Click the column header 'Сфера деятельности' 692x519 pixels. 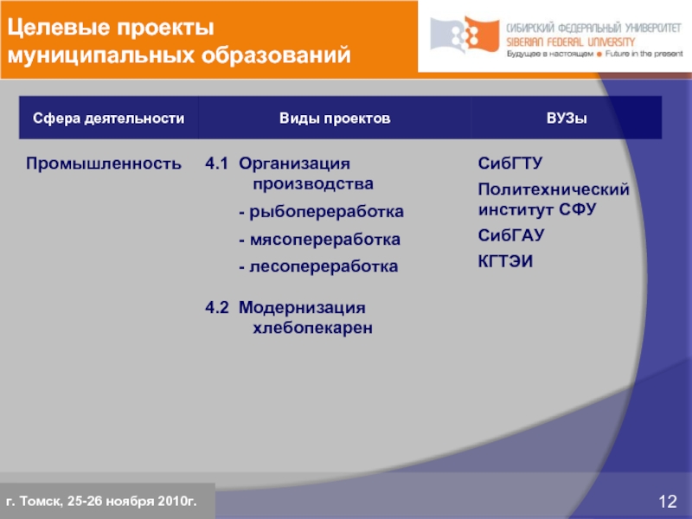(x=108, y=118)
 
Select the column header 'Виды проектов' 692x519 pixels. (x=334, y=118)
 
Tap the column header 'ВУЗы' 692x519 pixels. (x=567, y=118)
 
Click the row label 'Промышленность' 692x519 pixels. (x=104, y=163)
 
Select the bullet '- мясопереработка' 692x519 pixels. (x=319, y=240)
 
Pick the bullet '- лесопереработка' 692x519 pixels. (x=318, y=267)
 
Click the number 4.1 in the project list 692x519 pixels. (x=217, y=163)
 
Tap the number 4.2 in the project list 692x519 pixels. (x=217, y=308)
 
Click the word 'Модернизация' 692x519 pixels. (x=302, y=308)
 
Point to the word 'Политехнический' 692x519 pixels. (x=554, y=189)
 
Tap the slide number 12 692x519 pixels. (x=667, y=502)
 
